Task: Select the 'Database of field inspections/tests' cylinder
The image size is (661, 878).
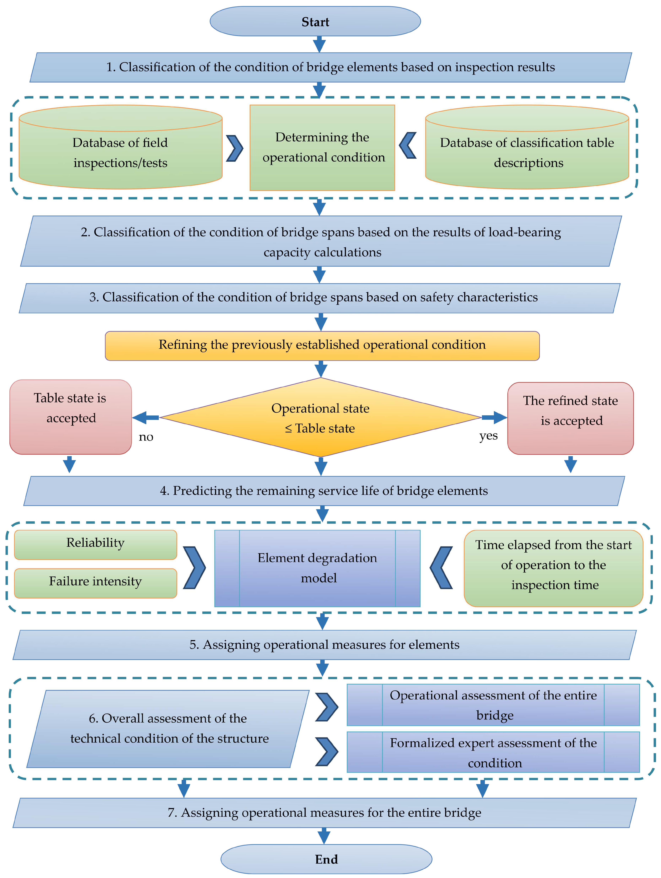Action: (x=120, y=153)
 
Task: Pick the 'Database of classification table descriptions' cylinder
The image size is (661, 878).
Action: (x=527, y=153)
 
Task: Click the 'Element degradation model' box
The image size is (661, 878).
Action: (x=317, y=568)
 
